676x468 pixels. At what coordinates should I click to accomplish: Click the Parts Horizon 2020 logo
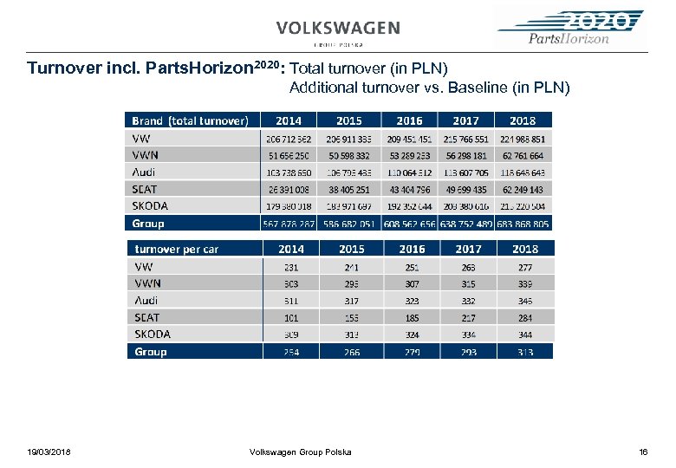pos(569,28)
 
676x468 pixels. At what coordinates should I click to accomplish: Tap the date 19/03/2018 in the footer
pos(49,452)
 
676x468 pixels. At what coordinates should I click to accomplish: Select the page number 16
pos(643,452)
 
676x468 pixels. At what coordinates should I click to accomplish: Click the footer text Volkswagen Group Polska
pos(300,452)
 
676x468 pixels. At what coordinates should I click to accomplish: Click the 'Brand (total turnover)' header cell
pos(191,120)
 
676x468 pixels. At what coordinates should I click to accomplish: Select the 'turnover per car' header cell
pos(177,249)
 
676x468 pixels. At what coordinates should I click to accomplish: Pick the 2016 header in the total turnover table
pos(409,120)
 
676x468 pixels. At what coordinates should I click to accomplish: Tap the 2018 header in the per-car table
pos(524,249)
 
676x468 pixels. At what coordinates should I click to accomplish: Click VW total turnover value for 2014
pos(289,139)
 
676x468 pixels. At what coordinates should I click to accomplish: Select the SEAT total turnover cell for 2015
pos(348,189)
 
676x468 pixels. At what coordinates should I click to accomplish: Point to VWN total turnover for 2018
pos(523,156)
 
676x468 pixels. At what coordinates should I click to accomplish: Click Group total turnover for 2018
pos(523,224)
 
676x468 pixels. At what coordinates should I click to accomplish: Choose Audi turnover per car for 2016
pos(412,301)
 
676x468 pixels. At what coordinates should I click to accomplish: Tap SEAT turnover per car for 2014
pos(291,317)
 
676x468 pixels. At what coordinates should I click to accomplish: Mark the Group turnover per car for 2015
pos(352,352)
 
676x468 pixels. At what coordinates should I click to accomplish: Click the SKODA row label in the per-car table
pos(153,335)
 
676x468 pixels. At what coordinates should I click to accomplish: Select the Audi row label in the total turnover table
pos(144,172)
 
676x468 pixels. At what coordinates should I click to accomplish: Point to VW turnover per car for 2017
pos(468,267)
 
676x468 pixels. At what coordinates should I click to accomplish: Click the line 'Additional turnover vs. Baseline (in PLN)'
pos(429,88)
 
